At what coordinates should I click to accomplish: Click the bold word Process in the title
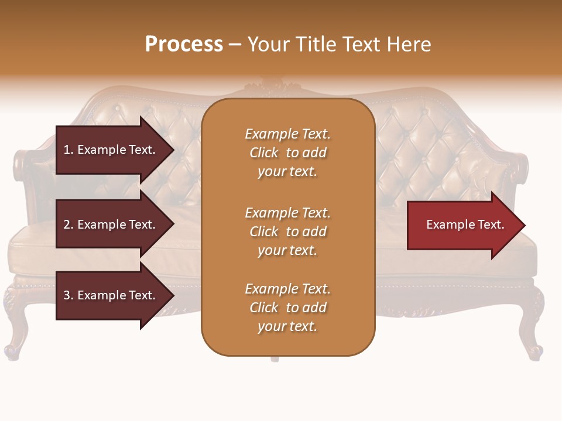(x=184, y=44)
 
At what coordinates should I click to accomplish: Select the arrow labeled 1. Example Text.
(x=111, y=150)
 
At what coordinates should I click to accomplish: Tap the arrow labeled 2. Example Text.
(x=111, y=225)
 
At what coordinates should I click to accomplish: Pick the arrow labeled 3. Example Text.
(x=111, y=295)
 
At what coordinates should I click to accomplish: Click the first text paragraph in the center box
(x=287, y=153)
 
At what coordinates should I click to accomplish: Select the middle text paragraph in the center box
(x=287, y=232)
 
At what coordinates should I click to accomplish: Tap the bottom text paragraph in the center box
(x=287, y=308)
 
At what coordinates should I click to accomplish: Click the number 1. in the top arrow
(x=68, y=150)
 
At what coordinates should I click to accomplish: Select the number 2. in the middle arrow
(x=68, y=225)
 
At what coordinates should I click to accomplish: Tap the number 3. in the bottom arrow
(x=68, y=295)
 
